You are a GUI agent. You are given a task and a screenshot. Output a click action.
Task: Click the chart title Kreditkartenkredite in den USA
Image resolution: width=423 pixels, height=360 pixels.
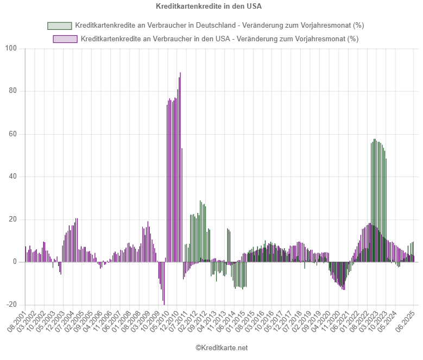pyautogui.click(x=211, y=7)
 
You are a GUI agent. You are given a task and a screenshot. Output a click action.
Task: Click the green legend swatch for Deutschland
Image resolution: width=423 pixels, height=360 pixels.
pyautogui.click(x=59, y=26)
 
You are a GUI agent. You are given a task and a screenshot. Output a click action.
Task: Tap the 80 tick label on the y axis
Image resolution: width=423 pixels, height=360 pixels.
pyautogui.click(x=14, y=91)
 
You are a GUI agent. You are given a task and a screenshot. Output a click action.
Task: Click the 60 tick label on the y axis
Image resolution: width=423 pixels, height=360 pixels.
pyautogui.click(x=14, y=134)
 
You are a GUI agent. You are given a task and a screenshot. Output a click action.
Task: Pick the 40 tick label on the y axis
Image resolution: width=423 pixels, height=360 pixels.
pyautogui.click(x=14, y=176)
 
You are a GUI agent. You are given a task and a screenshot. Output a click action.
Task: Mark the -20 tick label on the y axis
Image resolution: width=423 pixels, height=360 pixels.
pyautogui.click(x=13, y=305)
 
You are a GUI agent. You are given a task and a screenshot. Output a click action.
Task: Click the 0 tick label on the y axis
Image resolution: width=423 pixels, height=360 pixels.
pyautogui.click(x=16, y=262)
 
